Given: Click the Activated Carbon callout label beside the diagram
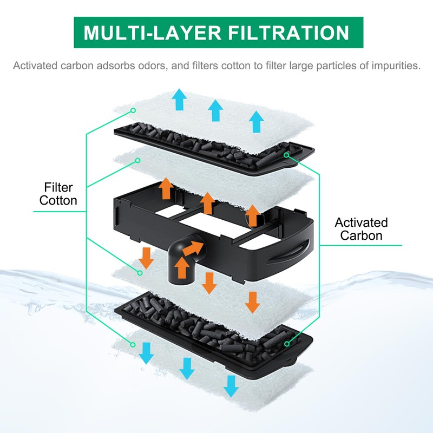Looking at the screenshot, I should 361,229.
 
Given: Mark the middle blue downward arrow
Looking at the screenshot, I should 187,368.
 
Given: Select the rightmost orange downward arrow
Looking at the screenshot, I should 252,301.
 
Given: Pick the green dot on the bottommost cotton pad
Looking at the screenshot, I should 132,343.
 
